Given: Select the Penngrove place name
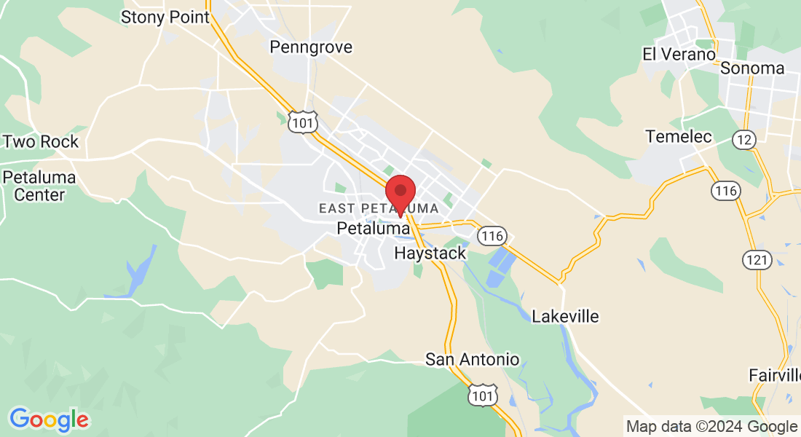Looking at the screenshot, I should [x=310, y=47].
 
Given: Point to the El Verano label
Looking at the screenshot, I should [x=679, y=54].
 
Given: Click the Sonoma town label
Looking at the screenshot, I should [x=752, y=68].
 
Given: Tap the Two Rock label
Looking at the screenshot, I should [x=41, y=141].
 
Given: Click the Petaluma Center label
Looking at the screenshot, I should [x=34, y=186].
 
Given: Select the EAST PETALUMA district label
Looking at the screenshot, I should [x=379, y=209].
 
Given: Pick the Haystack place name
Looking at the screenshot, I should [x=430, y=253].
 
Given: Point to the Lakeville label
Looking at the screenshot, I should [x=565, y=316].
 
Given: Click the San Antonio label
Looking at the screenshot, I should [x=473, y=359].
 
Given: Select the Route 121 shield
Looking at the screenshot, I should [x=754, y=259].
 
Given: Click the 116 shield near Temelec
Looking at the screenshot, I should [x=726, y=191].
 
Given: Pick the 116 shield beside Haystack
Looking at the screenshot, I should [x=493, y=236].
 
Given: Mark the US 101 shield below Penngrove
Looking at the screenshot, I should [x=301, y=122].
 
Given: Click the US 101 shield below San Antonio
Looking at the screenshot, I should [x=484, y=394].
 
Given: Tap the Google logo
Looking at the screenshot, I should [x=49, y=420].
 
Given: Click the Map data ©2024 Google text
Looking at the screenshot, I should [x=711, y=427].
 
